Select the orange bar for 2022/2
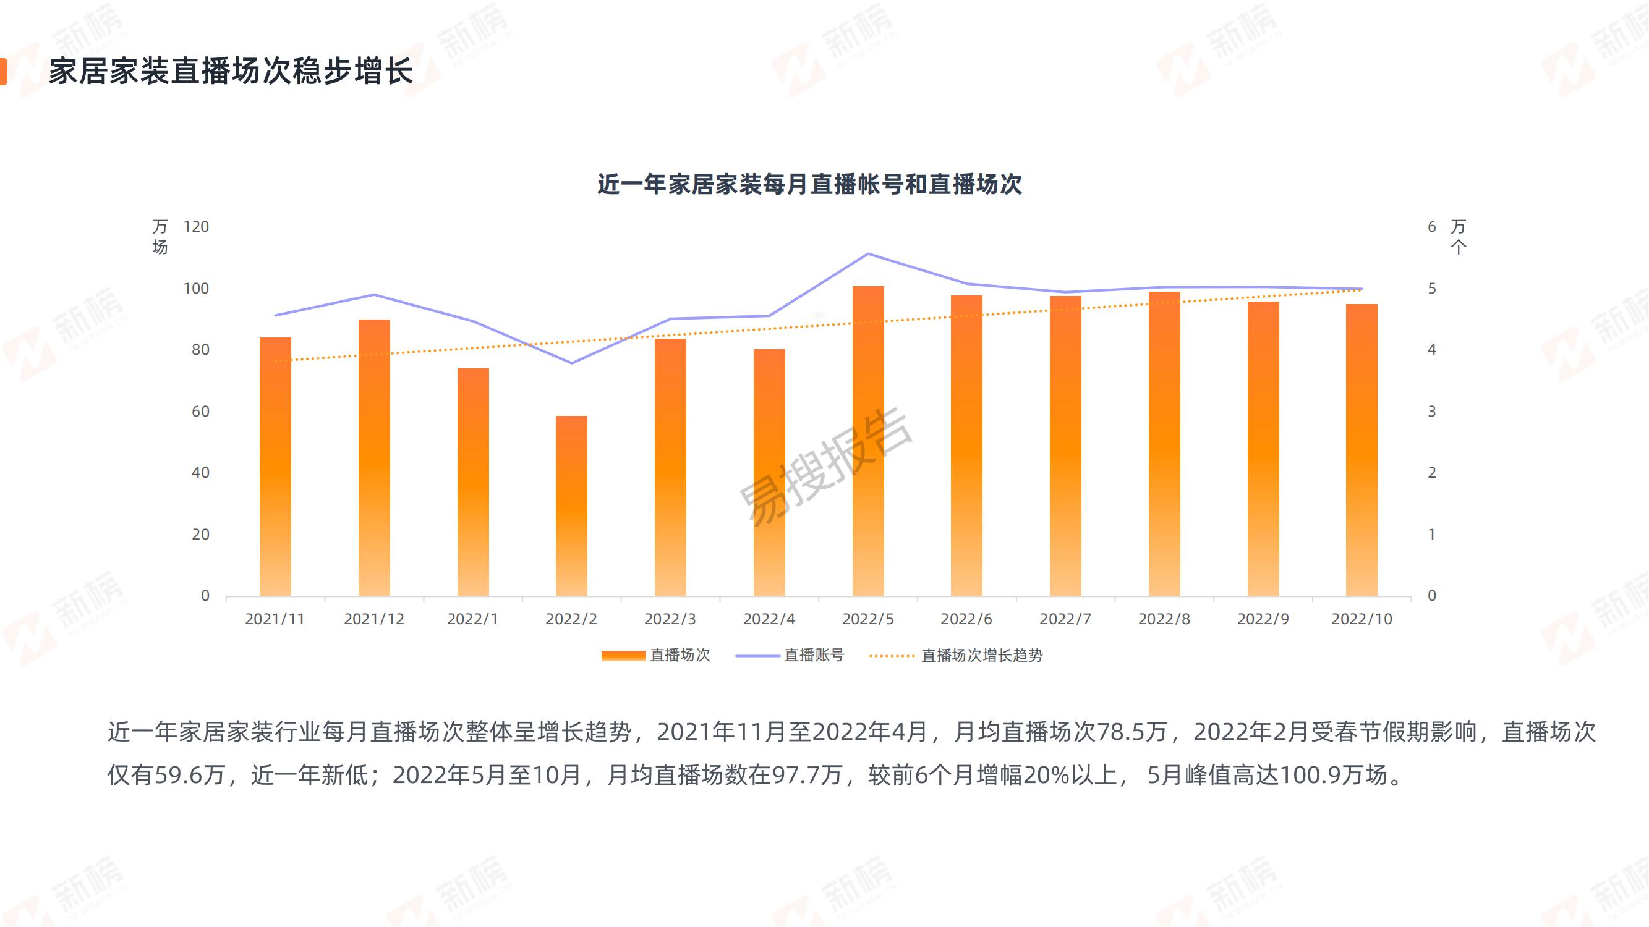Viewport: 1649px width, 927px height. click(x=571, y=506)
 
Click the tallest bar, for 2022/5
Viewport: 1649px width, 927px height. click(x=868, y=441)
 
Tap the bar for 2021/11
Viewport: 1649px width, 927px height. click(x=275, y=467)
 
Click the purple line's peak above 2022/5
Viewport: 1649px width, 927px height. click(x=868, y=254)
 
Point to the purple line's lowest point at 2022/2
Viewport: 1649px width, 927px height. click(x=571, y=363)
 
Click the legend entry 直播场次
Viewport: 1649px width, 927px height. click(x=656, y=655)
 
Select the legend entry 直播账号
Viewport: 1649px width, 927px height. click(x=790, y=655)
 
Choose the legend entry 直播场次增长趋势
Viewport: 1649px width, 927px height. click(x=957, y=655)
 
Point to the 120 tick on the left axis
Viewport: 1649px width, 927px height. click(x=196, y=226)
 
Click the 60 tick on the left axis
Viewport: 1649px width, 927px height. click(x=200, y=412)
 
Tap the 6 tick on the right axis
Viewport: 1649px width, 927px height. click(x=1432, y=226)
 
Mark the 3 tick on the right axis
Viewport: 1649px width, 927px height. click(x=1432, y=412)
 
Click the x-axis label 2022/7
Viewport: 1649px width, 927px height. click(x=1065, y=619)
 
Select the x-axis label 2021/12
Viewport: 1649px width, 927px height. click(x=374, y=619)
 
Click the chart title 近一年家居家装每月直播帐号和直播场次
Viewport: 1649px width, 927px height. click(x=809, y=184)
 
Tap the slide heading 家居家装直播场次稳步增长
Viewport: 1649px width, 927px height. click(x=231, y=71)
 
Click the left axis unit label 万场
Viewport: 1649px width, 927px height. click(x=160, y=237)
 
